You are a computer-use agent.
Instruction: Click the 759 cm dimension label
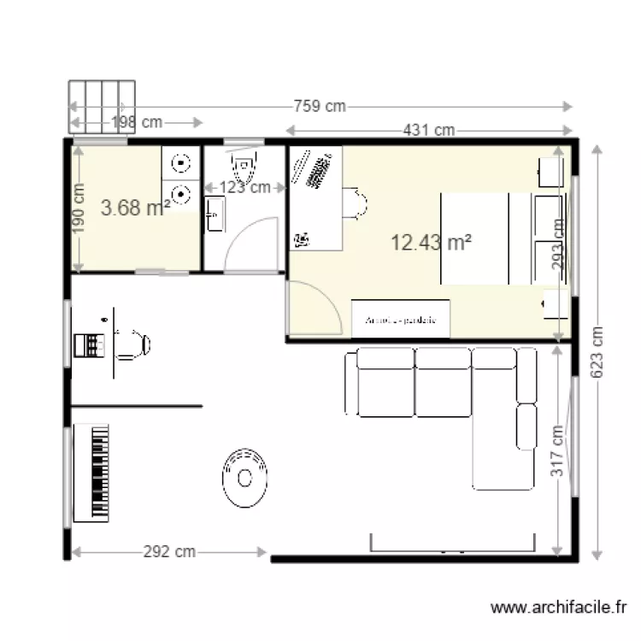[320, 106]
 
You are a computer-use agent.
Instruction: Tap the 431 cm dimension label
[429, 131]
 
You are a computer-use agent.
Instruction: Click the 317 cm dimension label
[556, 451]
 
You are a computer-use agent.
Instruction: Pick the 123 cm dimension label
[245, 187]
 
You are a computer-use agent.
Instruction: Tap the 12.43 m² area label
[432, 243]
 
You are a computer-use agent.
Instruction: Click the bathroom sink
[214, 213]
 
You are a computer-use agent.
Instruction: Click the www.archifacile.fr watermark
[561, 608]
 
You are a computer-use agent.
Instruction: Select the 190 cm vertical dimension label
[79, 209]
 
